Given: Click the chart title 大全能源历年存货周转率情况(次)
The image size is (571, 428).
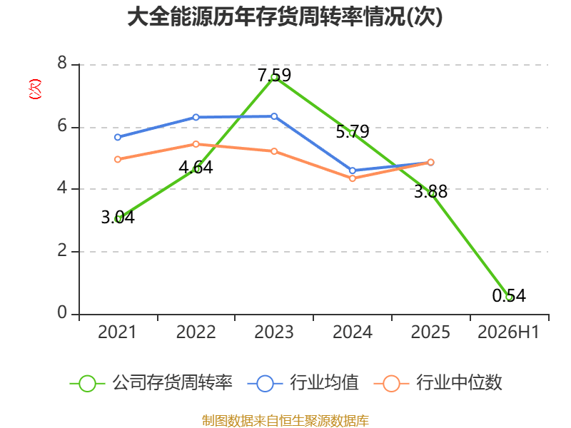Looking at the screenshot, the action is pyautogui.click(x=285, y=17).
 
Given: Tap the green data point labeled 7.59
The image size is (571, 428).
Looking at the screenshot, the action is pyautogui.click(x=274, y=77).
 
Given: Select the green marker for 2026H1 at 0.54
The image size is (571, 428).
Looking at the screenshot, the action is pyautogui.click(x=509, y=297).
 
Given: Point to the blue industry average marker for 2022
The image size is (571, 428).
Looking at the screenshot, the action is pyautogui.click(x=196, y=117).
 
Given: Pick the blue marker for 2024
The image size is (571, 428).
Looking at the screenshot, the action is pyautogui.click(x=353, y=170).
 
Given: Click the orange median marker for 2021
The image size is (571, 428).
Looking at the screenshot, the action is pyautogui.click(x=118, y=159).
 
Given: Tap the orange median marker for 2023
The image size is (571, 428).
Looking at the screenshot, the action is pyautogui.click(x=274, y=151).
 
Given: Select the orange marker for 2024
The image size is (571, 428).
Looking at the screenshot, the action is pyautogui.click(x=353, y=178).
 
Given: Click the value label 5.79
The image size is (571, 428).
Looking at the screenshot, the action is pyautogui.click(x=353, y=131).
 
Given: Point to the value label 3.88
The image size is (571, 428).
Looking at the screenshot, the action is pyautogui.click(x=431, y=191).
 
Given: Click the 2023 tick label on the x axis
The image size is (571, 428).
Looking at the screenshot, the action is pyautogui.click(x=274, y=332).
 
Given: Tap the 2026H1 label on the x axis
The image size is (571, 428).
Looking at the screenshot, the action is pyautogui.click(x=508, y=332).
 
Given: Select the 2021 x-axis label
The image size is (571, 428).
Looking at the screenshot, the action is pyautogui.click(x=117, y=332).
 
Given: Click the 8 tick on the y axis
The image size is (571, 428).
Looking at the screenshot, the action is pyautogui.click(x=62, y=63).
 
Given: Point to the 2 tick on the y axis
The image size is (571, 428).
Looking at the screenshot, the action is pyautogui.click(x=62, y=250).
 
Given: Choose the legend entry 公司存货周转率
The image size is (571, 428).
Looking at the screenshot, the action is pyautogui.click(x=151, y=383).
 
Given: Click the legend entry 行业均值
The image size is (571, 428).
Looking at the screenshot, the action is pyautogui.click(x=303, y=383).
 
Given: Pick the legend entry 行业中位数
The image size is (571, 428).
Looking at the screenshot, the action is pyautogui.click(x=438, y=383).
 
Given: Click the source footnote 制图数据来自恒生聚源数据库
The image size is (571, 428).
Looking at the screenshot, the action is pyautogui.click(x=285, y=421).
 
